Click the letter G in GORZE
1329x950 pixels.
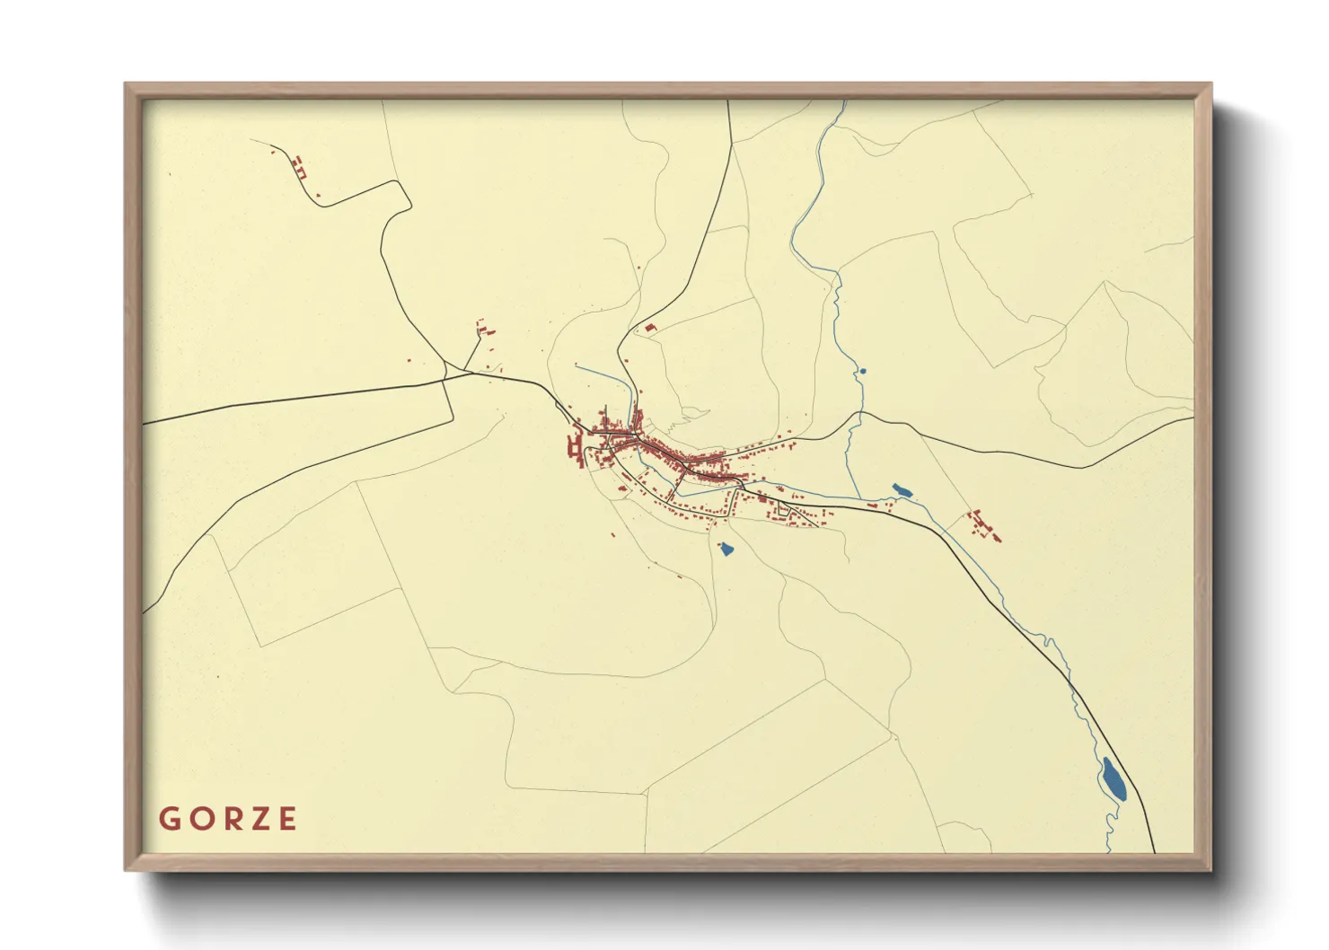tap(168, 819)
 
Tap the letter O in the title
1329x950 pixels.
tap(198, 819)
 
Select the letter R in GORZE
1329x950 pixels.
tap(228, 819)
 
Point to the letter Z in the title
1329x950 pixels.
tap(259, 819)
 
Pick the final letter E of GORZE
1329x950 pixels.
tap(287, 819)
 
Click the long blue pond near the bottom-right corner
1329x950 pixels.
tap(1113, 778)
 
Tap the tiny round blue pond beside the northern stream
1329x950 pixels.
tap(863, 370)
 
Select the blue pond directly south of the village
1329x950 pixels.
tap(726, 547)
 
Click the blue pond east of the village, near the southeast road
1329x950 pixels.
tap(902, 490)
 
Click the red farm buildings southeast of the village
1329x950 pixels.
tap(982, 524)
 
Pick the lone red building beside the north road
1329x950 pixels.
tap(651, 329)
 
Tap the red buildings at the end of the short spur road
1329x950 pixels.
tap(484, 330)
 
